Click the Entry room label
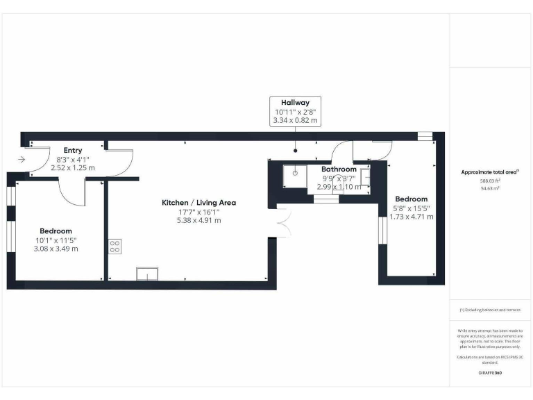pos(73,150)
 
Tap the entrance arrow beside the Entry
pos(22,160)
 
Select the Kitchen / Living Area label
pos(198,202)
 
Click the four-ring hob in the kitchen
pos(115,246)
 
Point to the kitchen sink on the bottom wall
pos(146,274)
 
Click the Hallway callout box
pos(296,111)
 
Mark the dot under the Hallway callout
pos(296,150)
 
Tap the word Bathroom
pos(339,169)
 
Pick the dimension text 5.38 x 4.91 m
pos(198,220)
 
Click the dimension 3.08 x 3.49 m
pos(56,249)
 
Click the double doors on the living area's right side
pos(281,222)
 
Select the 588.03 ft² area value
pos(490,181)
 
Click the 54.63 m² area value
pos(490,187)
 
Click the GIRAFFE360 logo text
pos(490,373)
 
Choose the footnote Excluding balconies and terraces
pos(490,310)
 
